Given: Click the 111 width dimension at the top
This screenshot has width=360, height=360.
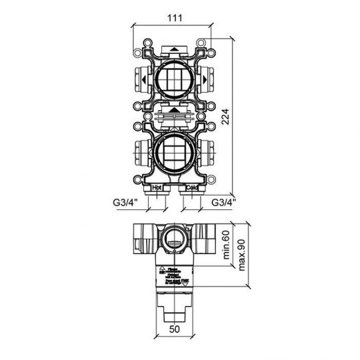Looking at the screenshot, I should click(173, 18).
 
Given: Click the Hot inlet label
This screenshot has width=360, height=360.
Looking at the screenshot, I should click(157, 189).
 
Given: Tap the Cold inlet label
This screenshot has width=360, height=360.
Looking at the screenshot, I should click(191, 189).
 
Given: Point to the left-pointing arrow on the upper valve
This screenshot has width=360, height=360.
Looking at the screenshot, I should click(145, 82).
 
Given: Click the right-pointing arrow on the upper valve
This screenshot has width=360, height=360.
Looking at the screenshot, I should click(203, 82).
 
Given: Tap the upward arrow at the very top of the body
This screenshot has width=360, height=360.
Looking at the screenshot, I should click(174, 49).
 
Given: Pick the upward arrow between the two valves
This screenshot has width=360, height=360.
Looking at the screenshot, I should click(174, 109).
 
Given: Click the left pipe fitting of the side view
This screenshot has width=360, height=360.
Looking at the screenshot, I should click(143, 238).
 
